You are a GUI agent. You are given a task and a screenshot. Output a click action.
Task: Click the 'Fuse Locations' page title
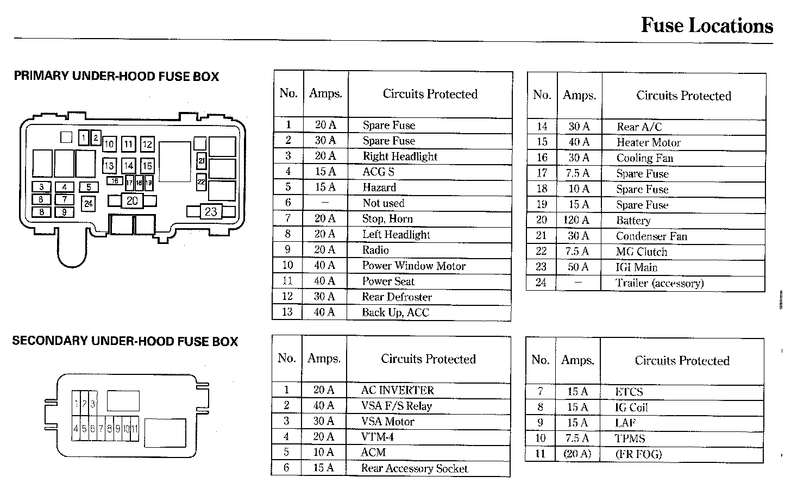click(706, 26)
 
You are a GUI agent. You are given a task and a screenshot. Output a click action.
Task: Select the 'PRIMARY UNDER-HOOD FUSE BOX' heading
click(116, 76)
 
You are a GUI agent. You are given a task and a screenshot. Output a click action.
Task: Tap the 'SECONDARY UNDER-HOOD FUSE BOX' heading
click(125, 341)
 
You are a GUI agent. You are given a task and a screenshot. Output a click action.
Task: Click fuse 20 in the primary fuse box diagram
click(132, 200)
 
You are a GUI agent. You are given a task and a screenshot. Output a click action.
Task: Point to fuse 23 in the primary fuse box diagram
click(211, 211)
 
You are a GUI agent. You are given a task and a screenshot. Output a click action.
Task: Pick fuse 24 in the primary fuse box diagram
click(88, 204)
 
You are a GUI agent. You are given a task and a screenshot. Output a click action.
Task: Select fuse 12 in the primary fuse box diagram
click(147, 145)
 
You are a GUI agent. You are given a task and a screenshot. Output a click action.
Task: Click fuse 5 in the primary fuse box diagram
click(89, 187)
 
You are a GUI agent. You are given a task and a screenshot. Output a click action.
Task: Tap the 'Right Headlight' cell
click(400, 156)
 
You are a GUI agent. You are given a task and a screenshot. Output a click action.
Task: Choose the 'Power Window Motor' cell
click(413, 266)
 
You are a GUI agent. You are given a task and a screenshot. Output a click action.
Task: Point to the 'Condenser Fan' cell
click(651, 236)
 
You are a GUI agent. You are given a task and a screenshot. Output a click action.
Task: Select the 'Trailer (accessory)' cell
click(659, 283)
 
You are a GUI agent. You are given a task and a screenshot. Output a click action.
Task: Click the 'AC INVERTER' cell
click(397, 390)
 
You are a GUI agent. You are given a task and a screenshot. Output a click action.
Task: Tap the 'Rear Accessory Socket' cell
click(414, 468)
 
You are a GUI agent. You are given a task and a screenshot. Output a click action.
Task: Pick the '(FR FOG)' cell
click(638, 454)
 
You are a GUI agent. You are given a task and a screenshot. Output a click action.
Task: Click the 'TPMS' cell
click(630, 438)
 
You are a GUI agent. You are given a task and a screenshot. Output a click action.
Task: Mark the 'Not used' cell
click(383, 203)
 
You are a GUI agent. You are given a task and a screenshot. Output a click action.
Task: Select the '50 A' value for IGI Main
click(578, 267)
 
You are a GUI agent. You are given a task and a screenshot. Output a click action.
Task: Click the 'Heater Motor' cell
click(648, 143)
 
